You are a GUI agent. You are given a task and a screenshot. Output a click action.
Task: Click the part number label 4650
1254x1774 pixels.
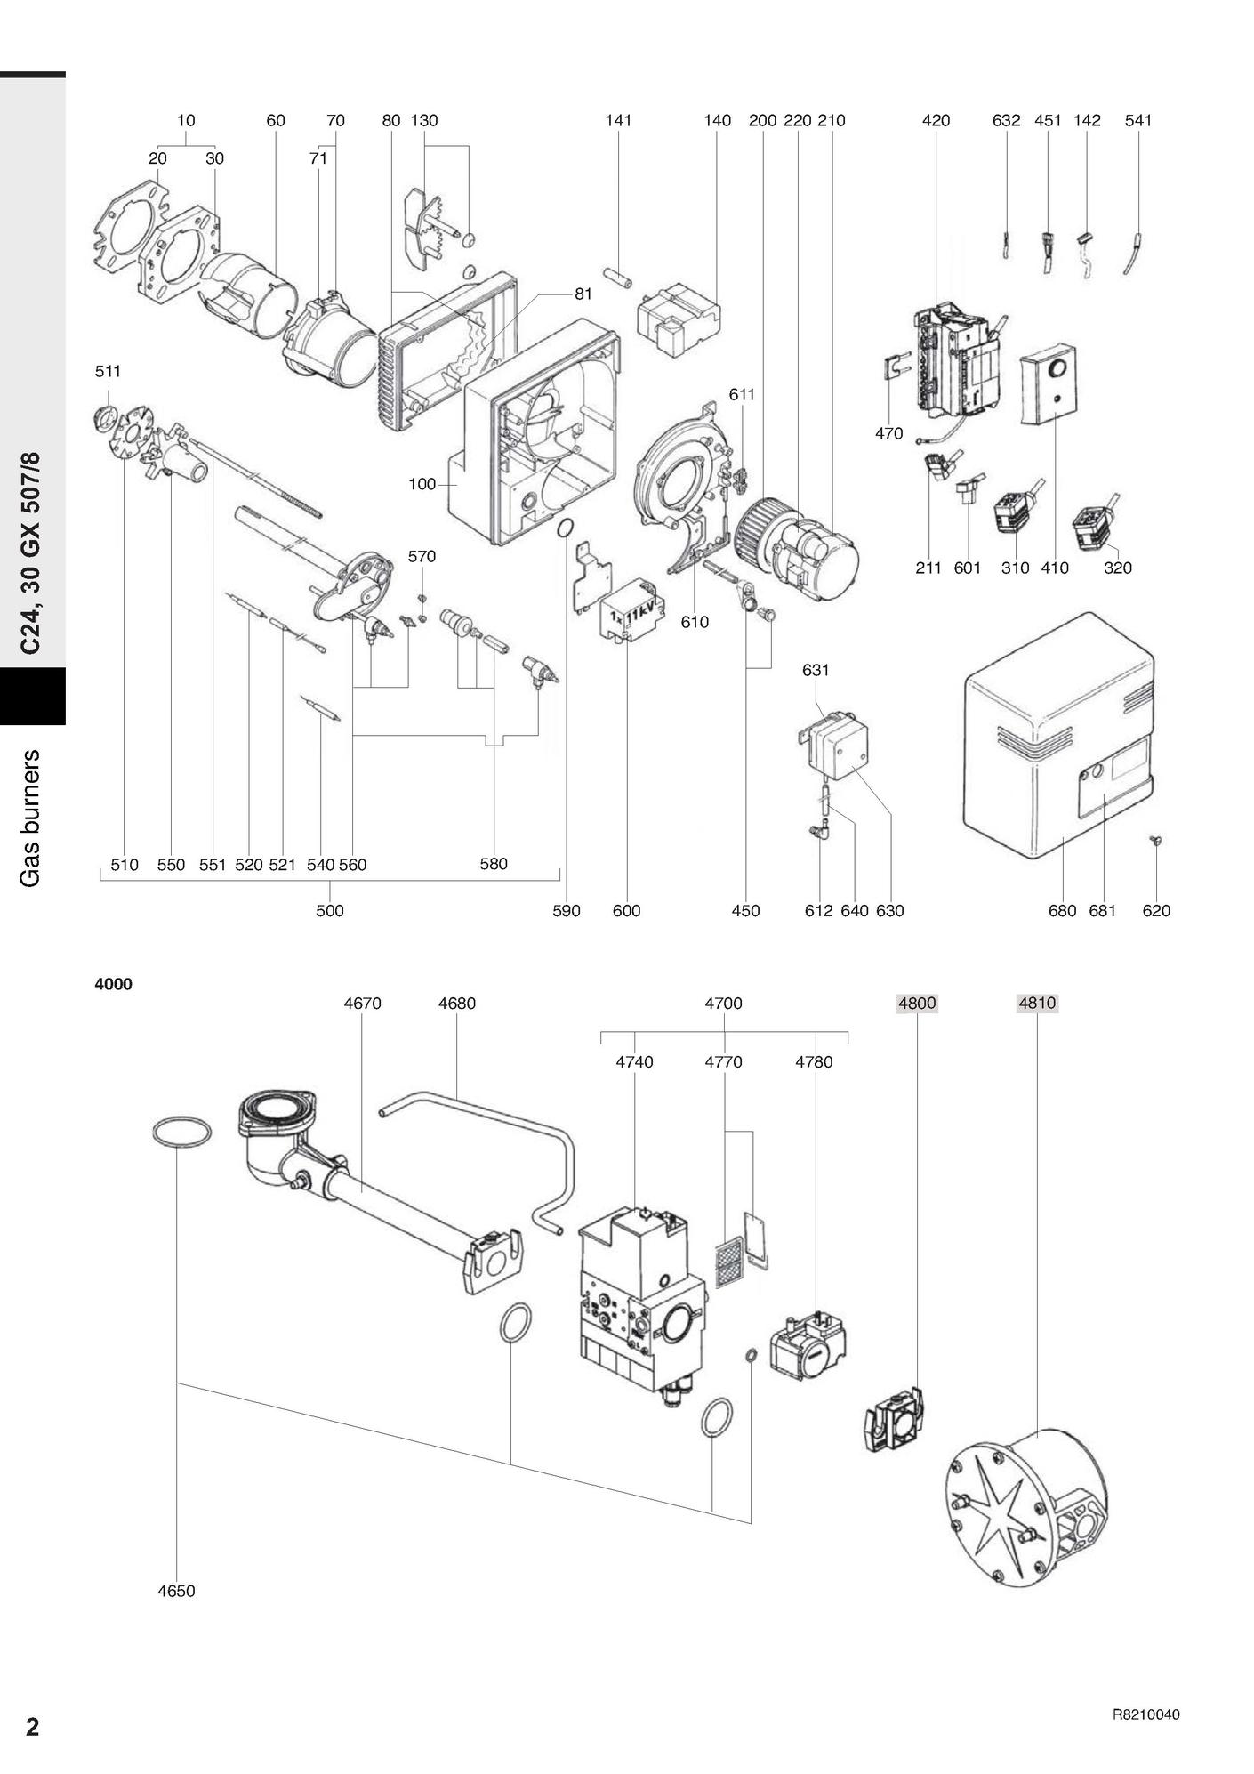pyautogui.click(x=176, y=1591)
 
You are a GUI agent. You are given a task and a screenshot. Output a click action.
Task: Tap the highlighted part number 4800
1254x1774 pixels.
pyautogui.click(x=917, y=1004)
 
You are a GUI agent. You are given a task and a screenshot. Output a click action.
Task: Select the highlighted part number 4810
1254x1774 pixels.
pyautogui.click(x=1037, y=1004)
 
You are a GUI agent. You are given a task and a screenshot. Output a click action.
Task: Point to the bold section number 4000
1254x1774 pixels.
pyautogui.click(x=114, y=984)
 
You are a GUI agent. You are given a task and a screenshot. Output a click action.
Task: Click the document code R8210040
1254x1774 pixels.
pyautogui.click(x=1146, y=1714)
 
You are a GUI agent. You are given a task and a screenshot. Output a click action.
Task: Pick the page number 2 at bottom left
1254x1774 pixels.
pyautogui.click(x=32, y=1727)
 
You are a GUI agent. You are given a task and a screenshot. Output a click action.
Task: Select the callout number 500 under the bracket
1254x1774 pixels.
pyautogui.click(x=330, y=911)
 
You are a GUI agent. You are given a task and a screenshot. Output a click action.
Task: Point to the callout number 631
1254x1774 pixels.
pyautogui.click(x=816, y=670)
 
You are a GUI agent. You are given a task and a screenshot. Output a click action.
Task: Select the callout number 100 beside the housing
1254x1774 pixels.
pyautogui.click(x=422, y=485)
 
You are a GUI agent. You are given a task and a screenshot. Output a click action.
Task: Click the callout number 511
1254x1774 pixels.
pyautogui.click(x=108, y=371)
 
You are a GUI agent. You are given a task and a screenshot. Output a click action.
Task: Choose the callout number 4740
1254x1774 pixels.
pyautogui.click(x=634, y=1062)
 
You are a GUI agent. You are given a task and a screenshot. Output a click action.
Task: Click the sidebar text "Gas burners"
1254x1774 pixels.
pyautogui.click(x=31, y=818)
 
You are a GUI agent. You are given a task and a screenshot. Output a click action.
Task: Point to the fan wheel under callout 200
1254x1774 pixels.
pyautogui.click(x=759, y=529)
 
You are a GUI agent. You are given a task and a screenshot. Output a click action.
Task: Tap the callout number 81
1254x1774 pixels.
pyautogui.click(x=583, y=294)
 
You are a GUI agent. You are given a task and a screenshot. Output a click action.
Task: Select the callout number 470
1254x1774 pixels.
pyautogui.click(x=888, y=434)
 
